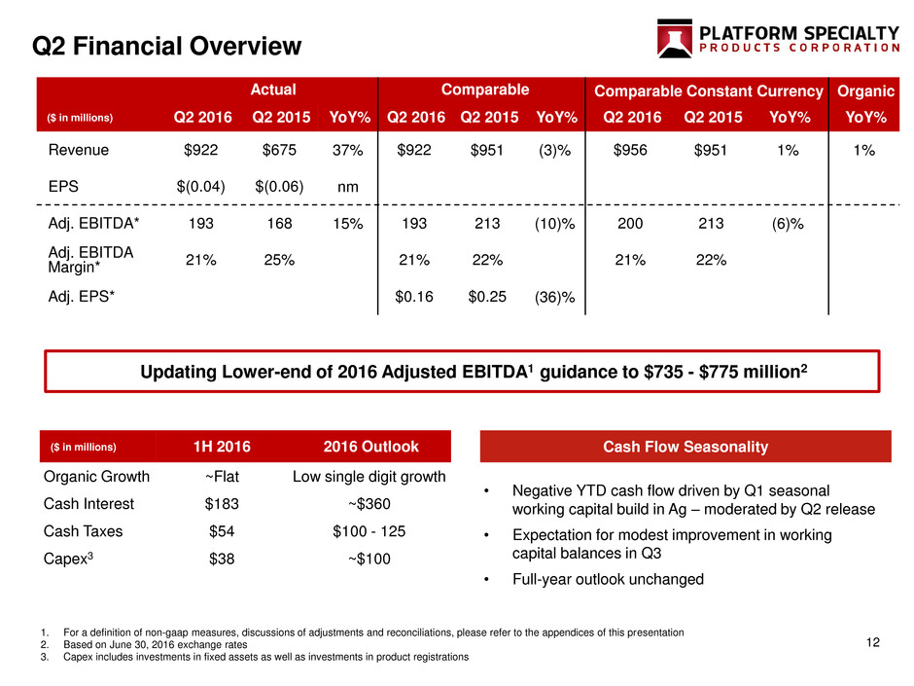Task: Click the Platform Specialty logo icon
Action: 675,39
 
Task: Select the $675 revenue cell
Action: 279,151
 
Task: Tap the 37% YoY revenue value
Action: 347,151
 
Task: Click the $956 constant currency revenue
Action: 630,151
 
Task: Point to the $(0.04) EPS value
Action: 200,187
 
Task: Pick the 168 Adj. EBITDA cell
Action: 279,224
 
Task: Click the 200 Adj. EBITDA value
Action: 630,224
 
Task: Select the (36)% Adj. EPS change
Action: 555,297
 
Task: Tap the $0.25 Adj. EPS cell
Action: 487,297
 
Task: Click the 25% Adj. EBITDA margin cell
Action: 279,260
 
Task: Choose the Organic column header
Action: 865,91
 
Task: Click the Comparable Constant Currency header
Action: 708,91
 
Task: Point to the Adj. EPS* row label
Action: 81,297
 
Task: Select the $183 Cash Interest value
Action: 222,504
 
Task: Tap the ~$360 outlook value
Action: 369,504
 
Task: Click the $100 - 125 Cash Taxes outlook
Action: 369,531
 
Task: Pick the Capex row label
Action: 68,559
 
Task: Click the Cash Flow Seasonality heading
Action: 685,447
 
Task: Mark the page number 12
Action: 872,642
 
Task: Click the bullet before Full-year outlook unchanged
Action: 486,579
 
